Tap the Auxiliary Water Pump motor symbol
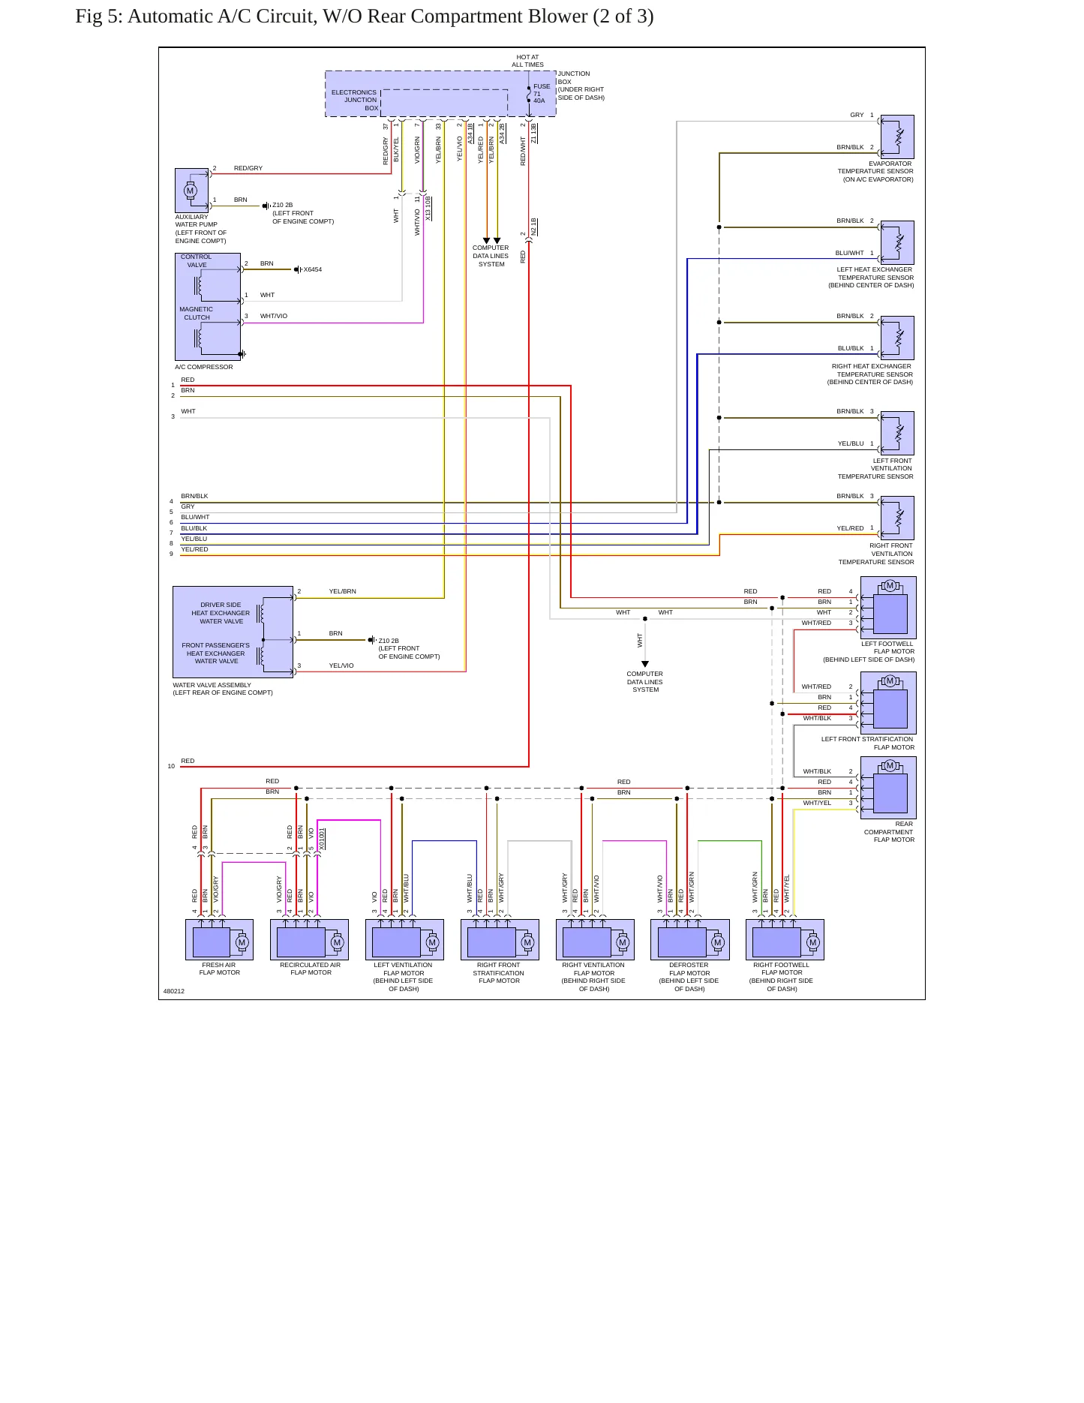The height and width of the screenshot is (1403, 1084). pos(190,191)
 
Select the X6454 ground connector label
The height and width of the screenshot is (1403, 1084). pos(312,270)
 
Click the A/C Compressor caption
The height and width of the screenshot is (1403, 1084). pos(204,367)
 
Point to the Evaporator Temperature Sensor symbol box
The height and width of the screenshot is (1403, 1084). pos(897,137)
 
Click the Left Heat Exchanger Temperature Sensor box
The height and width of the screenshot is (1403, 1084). pos(897,242)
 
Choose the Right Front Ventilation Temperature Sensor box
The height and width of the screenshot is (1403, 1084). pos(897,518)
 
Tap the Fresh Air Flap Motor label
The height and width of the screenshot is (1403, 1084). pos(220,969)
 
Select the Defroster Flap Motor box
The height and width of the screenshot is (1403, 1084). pos(689,939)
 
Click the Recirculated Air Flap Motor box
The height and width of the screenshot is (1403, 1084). pos(309,939)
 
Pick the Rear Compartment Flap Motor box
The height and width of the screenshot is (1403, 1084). pos(888,787)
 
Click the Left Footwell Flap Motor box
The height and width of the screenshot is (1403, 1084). pos(888,607)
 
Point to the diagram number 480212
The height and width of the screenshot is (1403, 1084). pos(174,991)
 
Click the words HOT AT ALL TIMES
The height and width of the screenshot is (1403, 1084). pos(527,61)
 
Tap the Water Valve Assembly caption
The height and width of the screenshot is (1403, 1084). pos(223,689)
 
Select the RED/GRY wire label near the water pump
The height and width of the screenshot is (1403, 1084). pos(248,168)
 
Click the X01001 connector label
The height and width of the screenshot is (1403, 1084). pos(322,839)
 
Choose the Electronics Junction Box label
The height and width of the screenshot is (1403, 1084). pos(355,100)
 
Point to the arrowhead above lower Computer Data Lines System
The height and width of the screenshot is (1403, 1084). pos(644,664)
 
